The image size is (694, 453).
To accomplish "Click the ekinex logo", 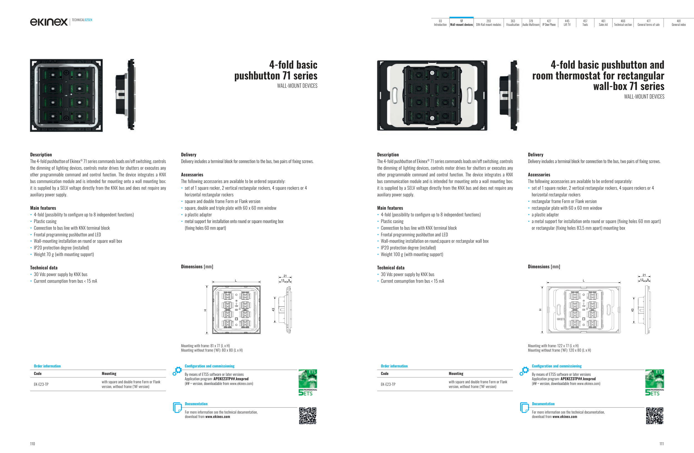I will pos(49,22).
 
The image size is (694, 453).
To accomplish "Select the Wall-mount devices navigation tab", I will pos(461,23).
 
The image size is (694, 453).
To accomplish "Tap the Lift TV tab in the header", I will pos(567,23).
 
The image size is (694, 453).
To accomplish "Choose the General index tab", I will pos(678,23).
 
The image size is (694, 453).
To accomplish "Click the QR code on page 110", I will pos(308,416).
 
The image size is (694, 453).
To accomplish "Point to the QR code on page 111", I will pos(655,416).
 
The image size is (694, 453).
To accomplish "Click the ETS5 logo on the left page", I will pos(308,382).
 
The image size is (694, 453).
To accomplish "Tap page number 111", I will pos(661,444).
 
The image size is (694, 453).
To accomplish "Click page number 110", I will pos(32,444).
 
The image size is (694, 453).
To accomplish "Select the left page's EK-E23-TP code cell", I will pos(41,384).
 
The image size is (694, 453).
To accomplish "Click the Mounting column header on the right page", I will pos(456,374).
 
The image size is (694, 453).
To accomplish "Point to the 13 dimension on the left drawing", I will pos(283,280).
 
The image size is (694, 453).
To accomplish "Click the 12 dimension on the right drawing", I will pos(642,280).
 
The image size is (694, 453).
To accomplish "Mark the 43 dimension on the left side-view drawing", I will pos(273,310).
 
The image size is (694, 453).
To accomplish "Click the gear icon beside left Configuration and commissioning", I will pos(177,371).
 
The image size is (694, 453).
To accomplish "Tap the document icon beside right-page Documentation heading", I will pos(524,407).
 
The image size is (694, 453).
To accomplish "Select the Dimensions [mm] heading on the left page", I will pos(197,267).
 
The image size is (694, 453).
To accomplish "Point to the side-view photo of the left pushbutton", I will pos(126,95).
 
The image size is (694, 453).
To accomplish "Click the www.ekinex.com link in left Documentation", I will pos(218,417).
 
